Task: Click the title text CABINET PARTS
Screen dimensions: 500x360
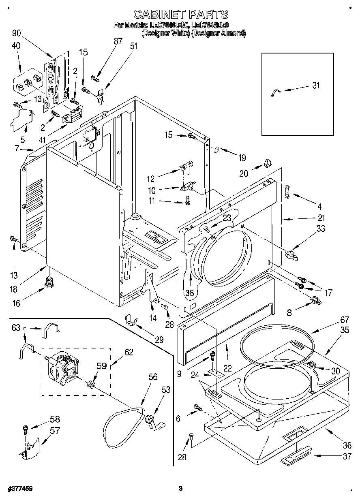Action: (180, 15)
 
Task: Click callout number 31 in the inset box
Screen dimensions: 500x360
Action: (316, 85)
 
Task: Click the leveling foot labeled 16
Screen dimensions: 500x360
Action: (49, 280)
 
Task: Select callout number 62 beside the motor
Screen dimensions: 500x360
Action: (129, 352)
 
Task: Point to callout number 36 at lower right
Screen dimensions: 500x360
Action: (347, 445)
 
